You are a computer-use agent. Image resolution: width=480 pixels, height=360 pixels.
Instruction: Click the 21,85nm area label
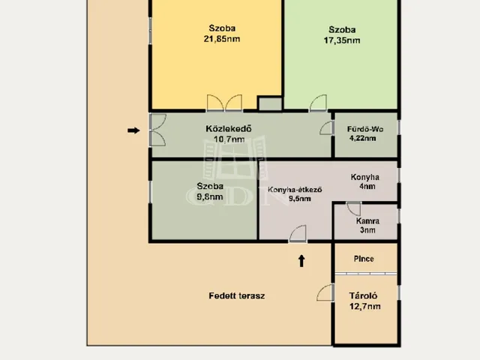click(222, 39)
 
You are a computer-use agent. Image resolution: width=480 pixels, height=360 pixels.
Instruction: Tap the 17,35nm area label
click(342, 40)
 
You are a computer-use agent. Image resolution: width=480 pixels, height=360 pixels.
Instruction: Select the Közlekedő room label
click(229, 128)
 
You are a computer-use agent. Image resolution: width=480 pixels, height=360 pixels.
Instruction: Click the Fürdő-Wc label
click(365, 129)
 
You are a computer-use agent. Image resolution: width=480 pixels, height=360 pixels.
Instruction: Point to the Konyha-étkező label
click(295, 190)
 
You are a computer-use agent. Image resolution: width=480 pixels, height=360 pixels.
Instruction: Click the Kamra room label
click(367, 221)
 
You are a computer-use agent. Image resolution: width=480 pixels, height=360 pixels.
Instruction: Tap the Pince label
click(364, 259)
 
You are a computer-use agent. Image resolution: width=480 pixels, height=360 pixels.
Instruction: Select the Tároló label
click(363, 295)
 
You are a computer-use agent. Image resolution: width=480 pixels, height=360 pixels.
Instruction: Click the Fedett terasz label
click(237, 296)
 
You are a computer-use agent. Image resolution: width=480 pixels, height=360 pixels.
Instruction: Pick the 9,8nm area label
click(210, 196)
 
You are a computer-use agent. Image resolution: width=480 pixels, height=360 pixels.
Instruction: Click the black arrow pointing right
click(133, 130)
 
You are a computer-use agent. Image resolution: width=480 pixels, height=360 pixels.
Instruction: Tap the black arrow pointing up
click(301, 261)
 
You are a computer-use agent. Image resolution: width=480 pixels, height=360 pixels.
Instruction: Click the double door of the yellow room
click(224, 103)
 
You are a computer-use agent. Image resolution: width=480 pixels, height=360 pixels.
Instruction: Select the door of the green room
click(318, 103)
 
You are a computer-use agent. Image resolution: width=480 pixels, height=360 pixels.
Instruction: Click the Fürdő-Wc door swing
click(326, 127)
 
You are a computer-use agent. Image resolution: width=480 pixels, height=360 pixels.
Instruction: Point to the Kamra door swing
click(353, 208)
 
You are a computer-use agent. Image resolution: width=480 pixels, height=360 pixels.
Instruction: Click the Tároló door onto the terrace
click(325, 292)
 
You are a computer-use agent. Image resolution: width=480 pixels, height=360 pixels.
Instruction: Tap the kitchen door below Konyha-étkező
click(298, 233)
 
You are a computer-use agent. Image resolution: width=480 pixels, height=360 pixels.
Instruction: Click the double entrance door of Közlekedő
click(158, 130)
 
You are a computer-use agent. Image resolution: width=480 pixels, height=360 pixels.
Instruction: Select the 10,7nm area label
click(229, 139)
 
